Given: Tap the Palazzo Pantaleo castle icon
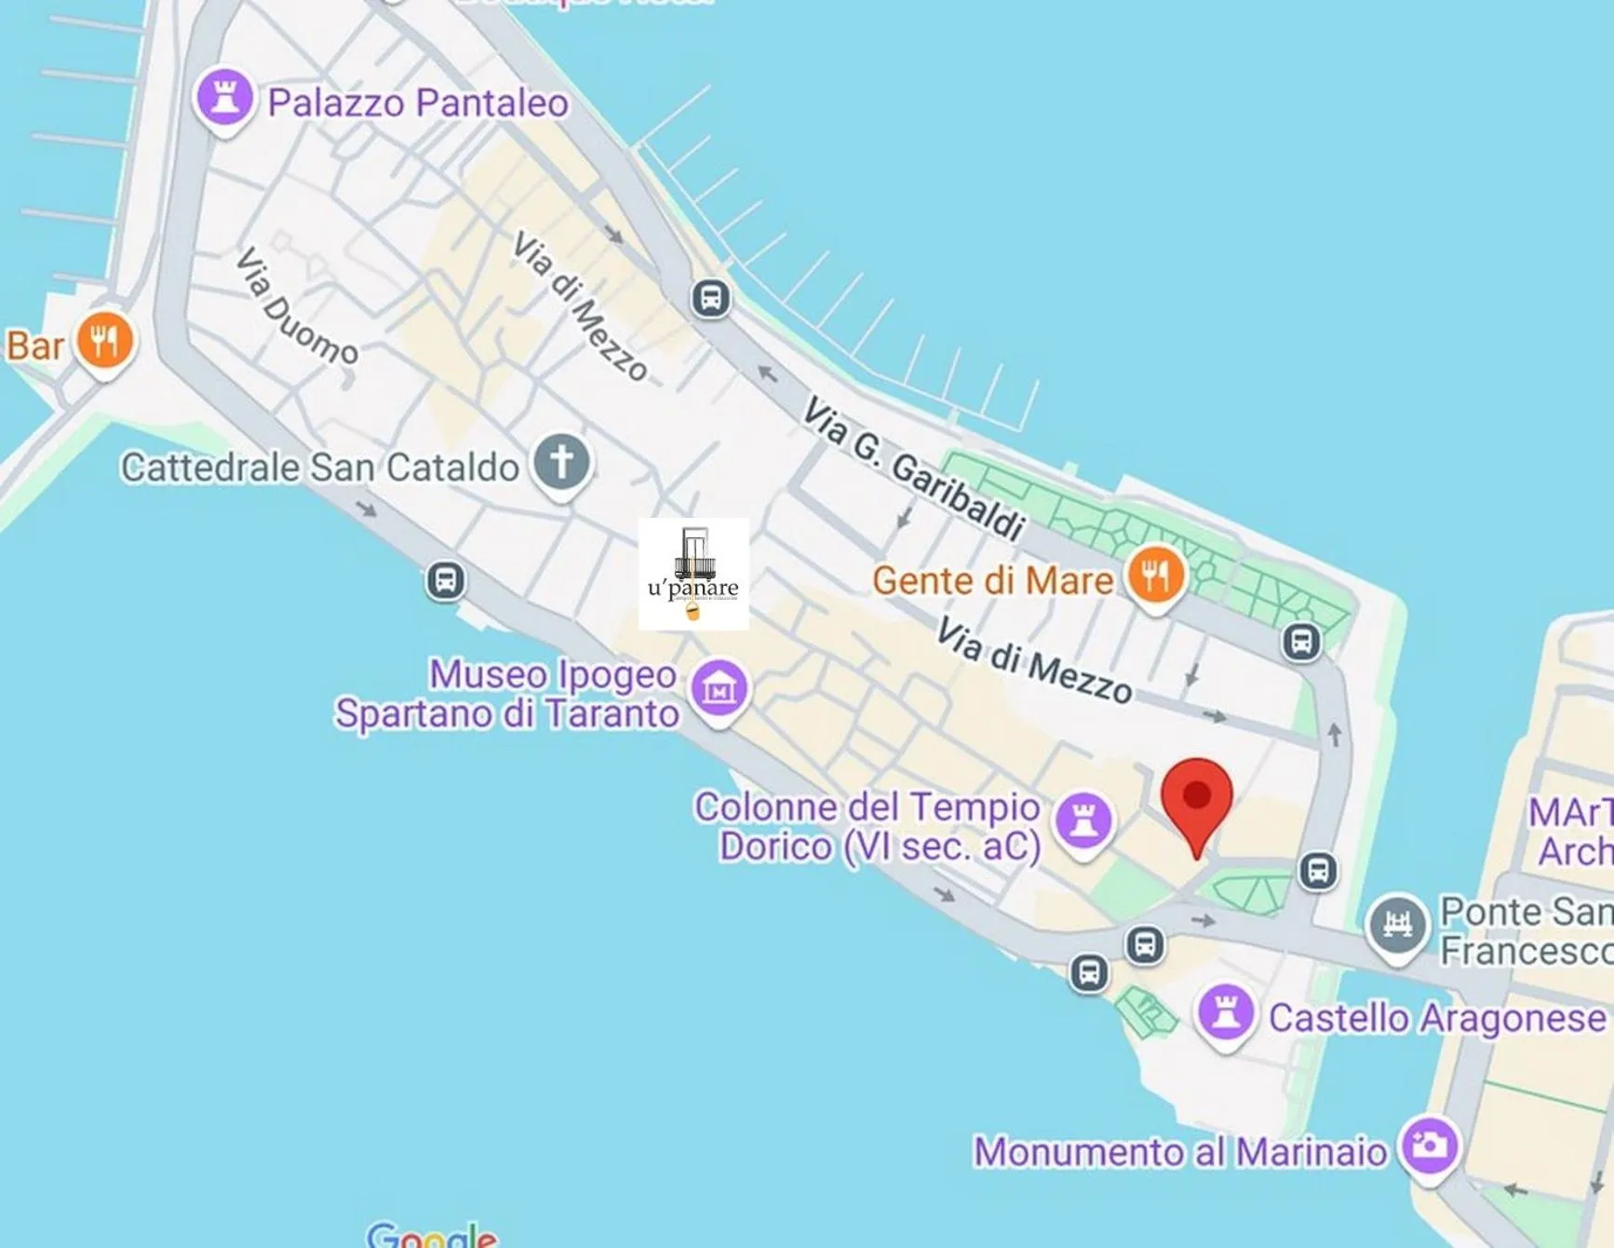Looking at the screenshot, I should pos(224,97).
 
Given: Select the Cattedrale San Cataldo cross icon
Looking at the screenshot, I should pos(561,462).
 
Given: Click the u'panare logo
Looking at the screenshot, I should pos(693,574).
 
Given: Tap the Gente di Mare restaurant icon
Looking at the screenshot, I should pos(1155,576).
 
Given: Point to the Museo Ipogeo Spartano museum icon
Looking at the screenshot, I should pos(719,689).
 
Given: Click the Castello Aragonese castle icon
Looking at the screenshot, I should pos(1226,1013).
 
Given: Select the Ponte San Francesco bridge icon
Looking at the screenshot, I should pos(1397,925).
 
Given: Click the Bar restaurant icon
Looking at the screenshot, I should pos(104,341).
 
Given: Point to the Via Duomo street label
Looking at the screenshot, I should pos(296,305).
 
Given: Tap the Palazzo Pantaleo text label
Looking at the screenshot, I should pos(418,102).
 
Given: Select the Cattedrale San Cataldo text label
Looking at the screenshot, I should pos(320,468).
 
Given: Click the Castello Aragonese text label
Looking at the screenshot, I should pos(1437,1018).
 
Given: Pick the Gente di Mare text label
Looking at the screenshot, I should pos(992,581).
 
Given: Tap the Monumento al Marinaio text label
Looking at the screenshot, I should pos(1180,1152).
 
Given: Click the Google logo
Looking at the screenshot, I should pos(432,1235).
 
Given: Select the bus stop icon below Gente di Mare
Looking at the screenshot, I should pos(1301,642).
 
